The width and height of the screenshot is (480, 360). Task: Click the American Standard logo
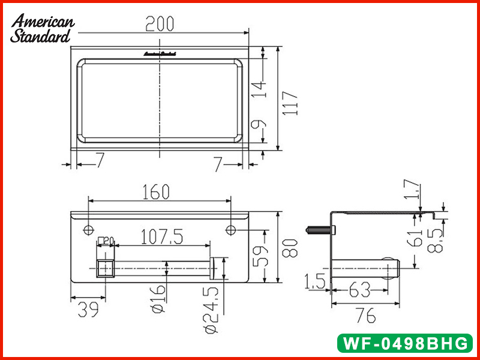click(43, 29)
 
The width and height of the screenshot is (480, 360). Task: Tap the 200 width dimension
click(160, 23)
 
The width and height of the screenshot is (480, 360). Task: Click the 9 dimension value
click(259, 127)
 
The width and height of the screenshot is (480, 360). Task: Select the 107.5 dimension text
click(161, 237)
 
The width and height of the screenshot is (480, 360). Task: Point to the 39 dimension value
click(88, 308)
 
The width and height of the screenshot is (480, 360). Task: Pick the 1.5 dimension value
click(315, 280)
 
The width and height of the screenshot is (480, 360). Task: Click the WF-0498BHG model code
click(405, 344)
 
